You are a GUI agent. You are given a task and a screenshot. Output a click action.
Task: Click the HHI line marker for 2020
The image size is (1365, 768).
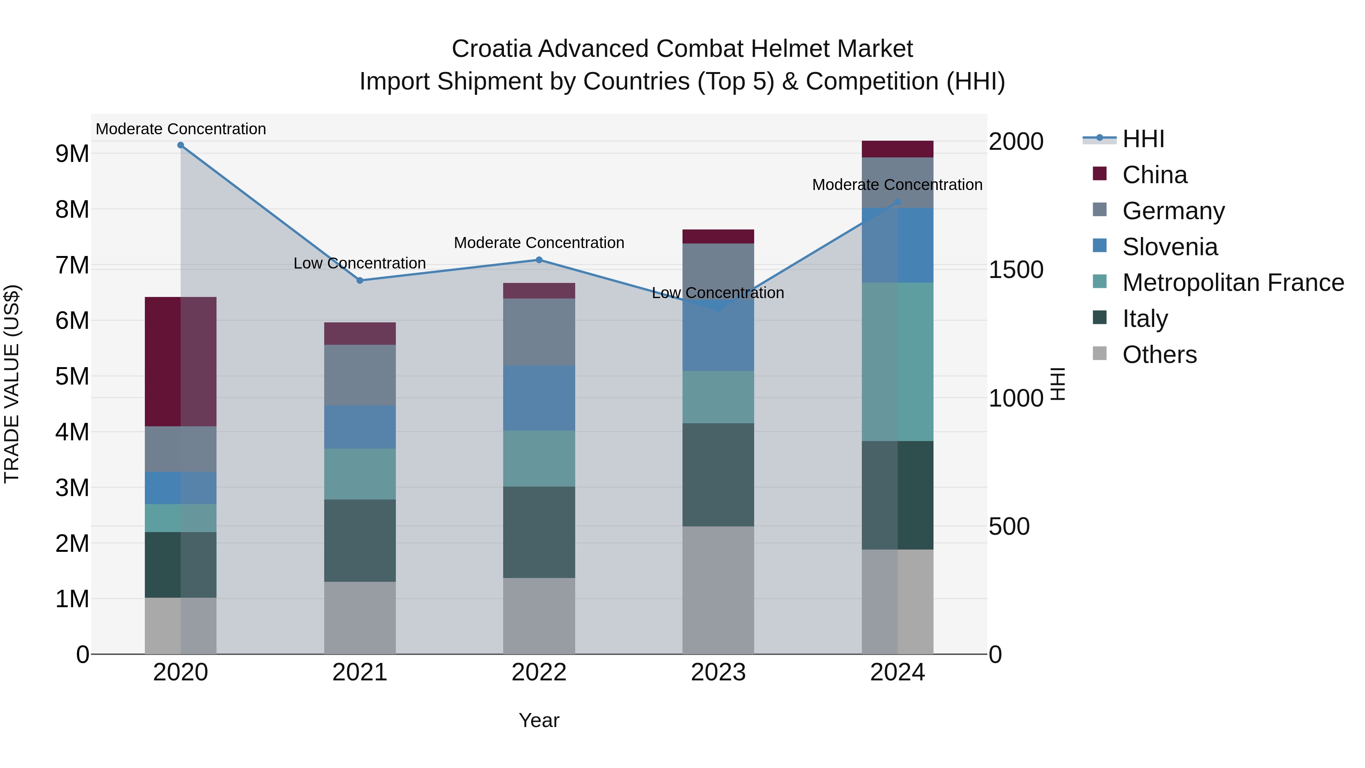[181, 145]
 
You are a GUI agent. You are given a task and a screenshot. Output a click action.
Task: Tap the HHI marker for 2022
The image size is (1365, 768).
[539, 260]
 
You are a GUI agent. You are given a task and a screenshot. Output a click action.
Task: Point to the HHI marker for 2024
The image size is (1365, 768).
[897, 202]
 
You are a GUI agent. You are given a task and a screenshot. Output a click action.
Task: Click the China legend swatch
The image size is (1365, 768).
[1100, 174]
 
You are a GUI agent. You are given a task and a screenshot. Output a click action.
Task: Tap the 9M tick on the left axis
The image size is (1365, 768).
[72, 154]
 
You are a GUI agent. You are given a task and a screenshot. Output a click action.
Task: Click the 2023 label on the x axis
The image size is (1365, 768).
[718, 672]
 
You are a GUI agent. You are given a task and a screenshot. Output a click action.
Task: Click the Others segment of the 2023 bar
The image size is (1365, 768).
[718, 589]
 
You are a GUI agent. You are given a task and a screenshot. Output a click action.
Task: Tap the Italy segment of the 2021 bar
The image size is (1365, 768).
[360, 540]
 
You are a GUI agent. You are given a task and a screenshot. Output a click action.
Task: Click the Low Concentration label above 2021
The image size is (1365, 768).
[360, 264]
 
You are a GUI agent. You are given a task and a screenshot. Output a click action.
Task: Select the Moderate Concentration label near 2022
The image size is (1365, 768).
[539, 243]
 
